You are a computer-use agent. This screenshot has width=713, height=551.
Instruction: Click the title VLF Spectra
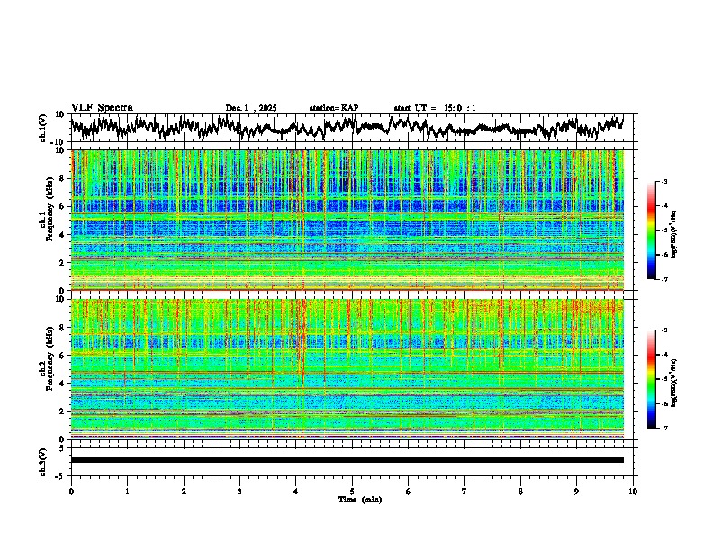click(x=102, y=107)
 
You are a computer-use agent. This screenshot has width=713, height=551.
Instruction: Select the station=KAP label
click(x=333, y=108)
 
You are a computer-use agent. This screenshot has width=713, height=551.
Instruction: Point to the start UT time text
click(x=435, y=108)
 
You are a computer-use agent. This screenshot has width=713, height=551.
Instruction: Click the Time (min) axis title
click(x=359, y=499)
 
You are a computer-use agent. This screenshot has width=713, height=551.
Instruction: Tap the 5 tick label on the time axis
click(x=352, y=491)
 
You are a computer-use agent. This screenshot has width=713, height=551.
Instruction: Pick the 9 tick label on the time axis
click(x=577, y=491)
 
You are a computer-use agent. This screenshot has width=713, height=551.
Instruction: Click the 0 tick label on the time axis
click(x=71, y=491)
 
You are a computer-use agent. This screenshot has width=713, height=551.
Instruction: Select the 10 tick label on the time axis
click(x=633, y=491)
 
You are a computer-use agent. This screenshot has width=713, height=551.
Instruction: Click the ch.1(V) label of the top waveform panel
click(x=44, y=128)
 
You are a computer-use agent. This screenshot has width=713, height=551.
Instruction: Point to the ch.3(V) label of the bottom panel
click(x=44, y=459)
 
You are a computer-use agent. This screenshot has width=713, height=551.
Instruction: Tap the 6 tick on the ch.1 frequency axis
click(x=63, y=207)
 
